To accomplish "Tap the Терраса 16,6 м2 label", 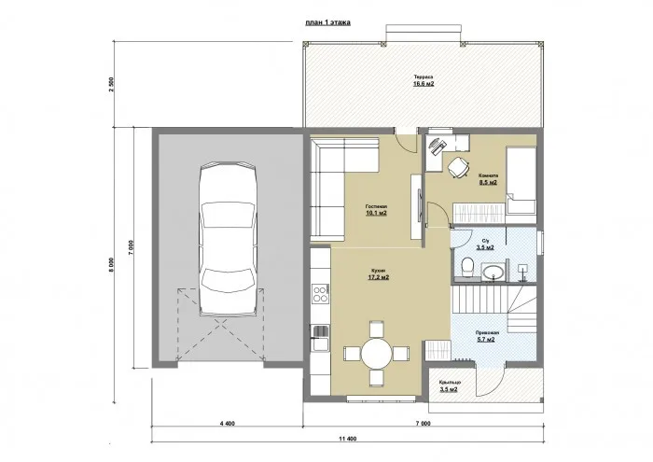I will (x=424, y=80).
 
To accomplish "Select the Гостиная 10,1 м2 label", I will (x=377, y=209).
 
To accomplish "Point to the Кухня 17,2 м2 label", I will (x=378, y=274).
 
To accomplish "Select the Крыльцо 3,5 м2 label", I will (x=448, y=385).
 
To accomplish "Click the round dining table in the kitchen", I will (x=376, y=354).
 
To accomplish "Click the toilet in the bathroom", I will (x=465, y=269).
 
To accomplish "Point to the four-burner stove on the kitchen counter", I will (x=320, y=294).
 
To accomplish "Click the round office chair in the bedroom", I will (x=457, y=167).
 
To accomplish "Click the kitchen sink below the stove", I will (x=319, y=330).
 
